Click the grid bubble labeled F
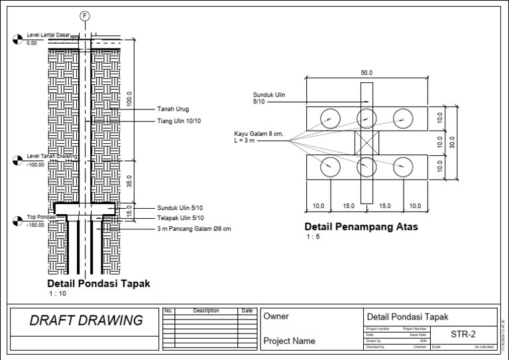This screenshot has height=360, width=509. click(85, 16)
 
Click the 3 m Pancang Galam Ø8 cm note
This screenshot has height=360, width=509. click(194, 229)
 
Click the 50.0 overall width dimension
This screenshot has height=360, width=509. click(367, 72)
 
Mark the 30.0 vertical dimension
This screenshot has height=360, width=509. click(452, 143)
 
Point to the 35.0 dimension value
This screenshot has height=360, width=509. click(129, 181)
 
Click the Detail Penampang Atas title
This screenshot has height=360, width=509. click(362, 227)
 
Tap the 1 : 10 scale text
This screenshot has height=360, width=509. click(58, 292)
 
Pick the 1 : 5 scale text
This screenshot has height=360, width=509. click(313, 237)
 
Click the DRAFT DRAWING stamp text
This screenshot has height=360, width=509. click(86, 321)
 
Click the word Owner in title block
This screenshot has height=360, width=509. click(276, 317)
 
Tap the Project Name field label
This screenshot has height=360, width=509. click(290, 341)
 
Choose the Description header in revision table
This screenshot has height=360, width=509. click(206, 310)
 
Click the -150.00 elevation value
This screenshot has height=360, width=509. click(35, 225)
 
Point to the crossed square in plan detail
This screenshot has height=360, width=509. click(367, 143)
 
